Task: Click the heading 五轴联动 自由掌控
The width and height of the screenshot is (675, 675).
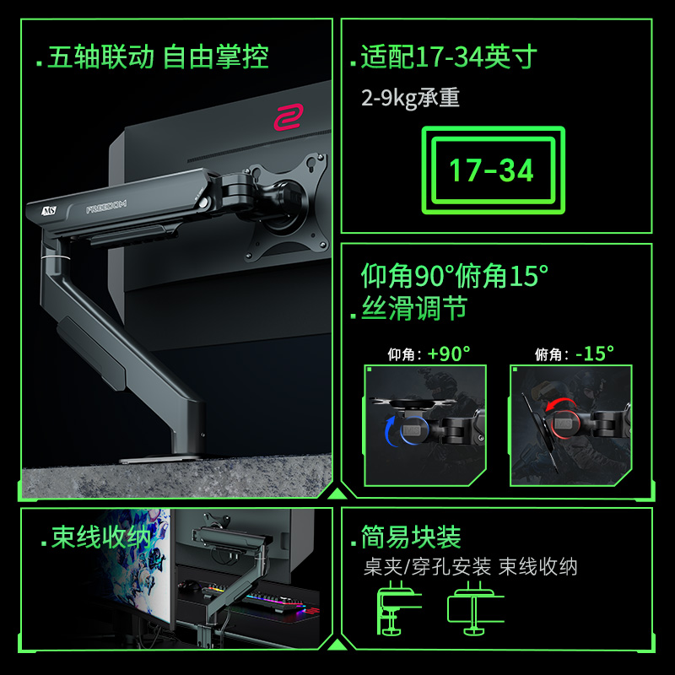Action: [x=159, y=58]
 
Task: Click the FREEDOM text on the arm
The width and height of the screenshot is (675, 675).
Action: [x=106, y=208]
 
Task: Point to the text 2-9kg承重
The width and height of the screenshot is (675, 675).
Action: [x=410, y=98]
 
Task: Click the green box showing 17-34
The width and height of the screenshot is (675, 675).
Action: [x=492, y=170]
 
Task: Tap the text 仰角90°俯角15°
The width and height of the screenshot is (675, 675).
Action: [x=455, y=275]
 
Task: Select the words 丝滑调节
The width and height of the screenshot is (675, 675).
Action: [x=413, y=309]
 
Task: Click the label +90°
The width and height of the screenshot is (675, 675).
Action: [x=448, y=354]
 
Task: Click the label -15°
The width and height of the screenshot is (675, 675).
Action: [x=594, y=354]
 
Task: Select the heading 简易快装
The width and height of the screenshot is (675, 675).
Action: [x=411, y=537]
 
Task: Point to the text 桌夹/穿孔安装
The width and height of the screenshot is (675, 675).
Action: [x=427, y=566]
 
